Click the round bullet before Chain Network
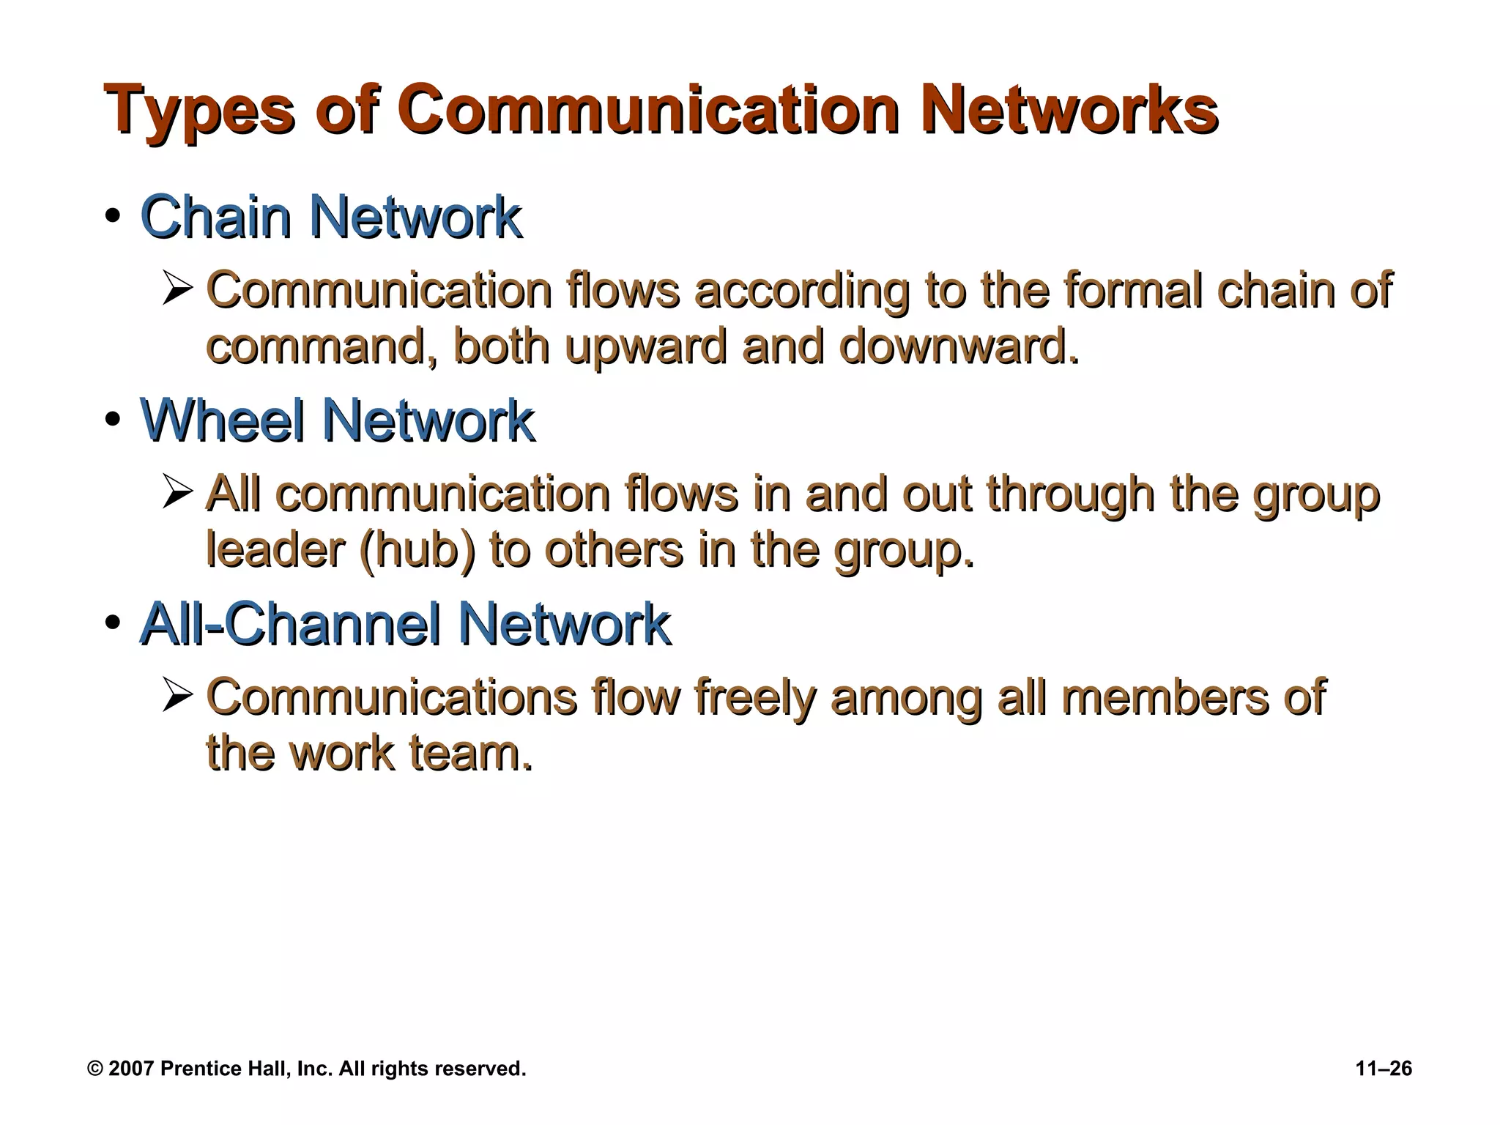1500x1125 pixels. (112, 218)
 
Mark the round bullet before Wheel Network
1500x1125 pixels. (112, 420)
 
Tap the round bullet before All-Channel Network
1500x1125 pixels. (112, 624)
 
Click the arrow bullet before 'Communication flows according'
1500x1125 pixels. (177, 289)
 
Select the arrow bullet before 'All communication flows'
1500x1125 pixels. (177, 492)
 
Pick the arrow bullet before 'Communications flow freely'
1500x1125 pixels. (177, 696)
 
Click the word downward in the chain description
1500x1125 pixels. (959, 346)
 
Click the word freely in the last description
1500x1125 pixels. (754, 697)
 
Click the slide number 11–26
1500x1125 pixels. (1384, 1069)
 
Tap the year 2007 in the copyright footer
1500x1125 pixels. (131, 1069)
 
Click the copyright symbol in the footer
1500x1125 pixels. (94, 1069)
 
